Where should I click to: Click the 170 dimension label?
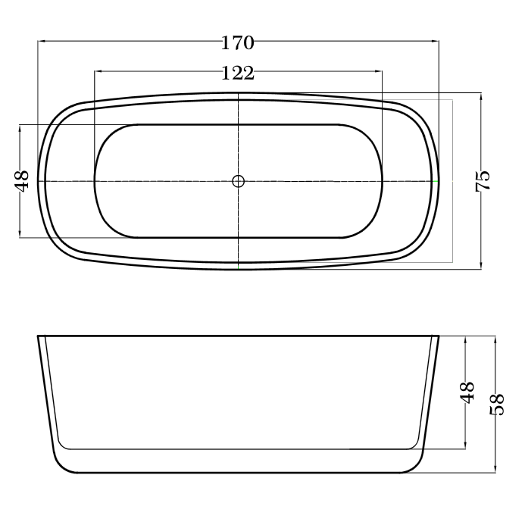click(238, 43)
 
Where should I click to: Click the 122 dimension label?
click(238, 73)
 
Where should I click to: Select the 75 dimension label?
click(483, 181)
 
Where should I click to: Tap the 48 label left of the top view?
click(22, 181)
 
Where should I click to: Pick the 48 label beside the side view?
click(467, 392)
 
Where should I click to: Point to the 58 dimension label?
click(497, 404)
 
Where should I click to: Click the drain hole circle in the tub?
click(238, 181)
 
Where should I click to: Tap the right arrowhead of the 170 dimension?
click(435, 41)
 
